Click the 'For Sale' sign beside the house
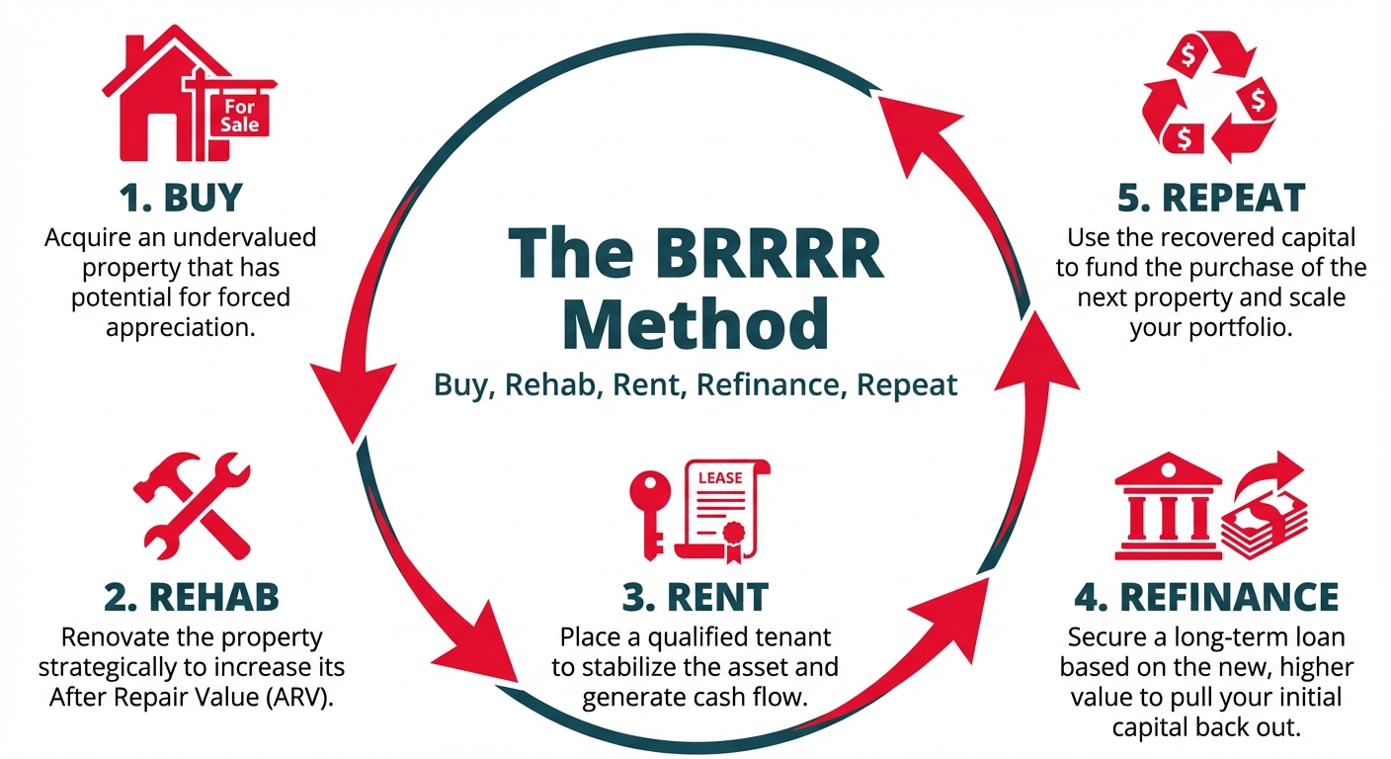pos(241,115)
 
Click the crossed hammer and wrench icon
pos(192,504)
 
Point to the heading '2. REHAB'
pos(191,597)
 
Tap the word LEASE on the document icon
pos(719,478)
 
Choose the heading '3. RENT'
pos(695,597)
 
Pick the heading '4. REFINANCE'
pos(1206,597)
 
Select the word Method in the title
pos(696,323)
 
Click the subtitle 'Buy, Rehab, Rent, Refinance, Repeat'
pos(696,383)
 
